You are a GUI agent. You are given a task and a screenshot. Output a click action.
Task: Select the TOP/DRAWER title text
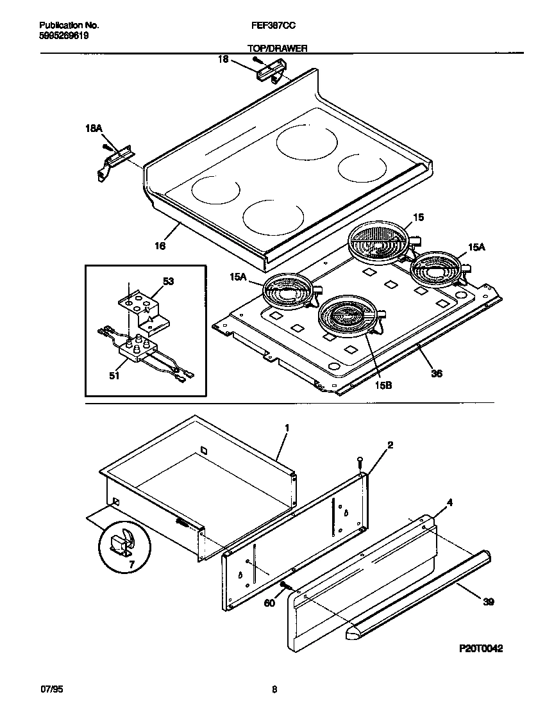[x=277, y=48]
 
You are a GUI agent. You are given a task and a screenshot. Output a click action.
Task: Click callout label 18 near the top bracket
[x=223, y=60]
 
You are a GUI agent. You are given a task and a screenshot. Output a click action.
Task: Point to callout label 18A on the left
[x=94, y=129]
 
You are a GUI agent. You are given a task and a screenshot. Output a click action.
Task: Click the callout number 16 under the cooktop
[x=160, y=245]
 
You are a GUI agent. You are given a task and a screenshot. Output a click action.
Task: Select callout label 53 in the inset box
[x=169, y=281]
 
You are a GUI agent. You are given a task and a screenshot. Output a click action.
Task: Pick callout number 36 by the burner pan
[x=436, y=373]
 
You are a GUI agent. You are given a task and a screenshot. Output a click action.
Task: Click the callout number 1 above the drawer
[x=287, y=427]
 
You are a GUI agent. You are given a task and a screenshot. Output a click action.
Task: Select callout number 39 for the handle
[x=489, y=602]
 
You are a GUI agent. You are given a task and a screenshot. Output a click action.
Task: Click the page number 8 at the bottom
[x=274, y=690]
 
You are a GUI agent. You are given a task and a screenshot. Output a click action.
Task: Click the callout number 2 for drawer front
[x=390, y=444]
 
